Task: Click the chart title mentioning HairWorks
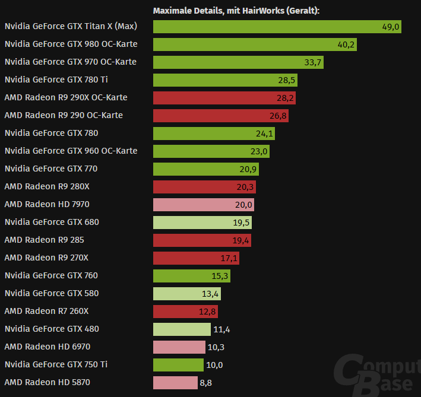(x=236, y=11)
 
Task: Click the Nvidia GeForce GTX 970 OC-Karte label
(x=70, y=62)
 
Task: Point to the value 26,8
(x=278, y=116)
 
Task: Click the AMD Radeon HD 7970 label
(x=47, y=204)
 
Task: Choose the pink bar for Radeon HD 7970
(x=199, y=205)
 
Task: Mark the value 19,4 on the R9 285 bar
(x=241, y=240)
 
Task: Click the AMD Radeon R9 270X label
(x=46, y=258)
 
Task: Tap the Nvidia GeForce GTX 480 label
(x=52, y=329)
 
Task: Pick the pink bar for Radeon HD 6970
(x=178, y=347)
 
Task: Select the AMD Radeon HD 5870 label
(x=47, y=382)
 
